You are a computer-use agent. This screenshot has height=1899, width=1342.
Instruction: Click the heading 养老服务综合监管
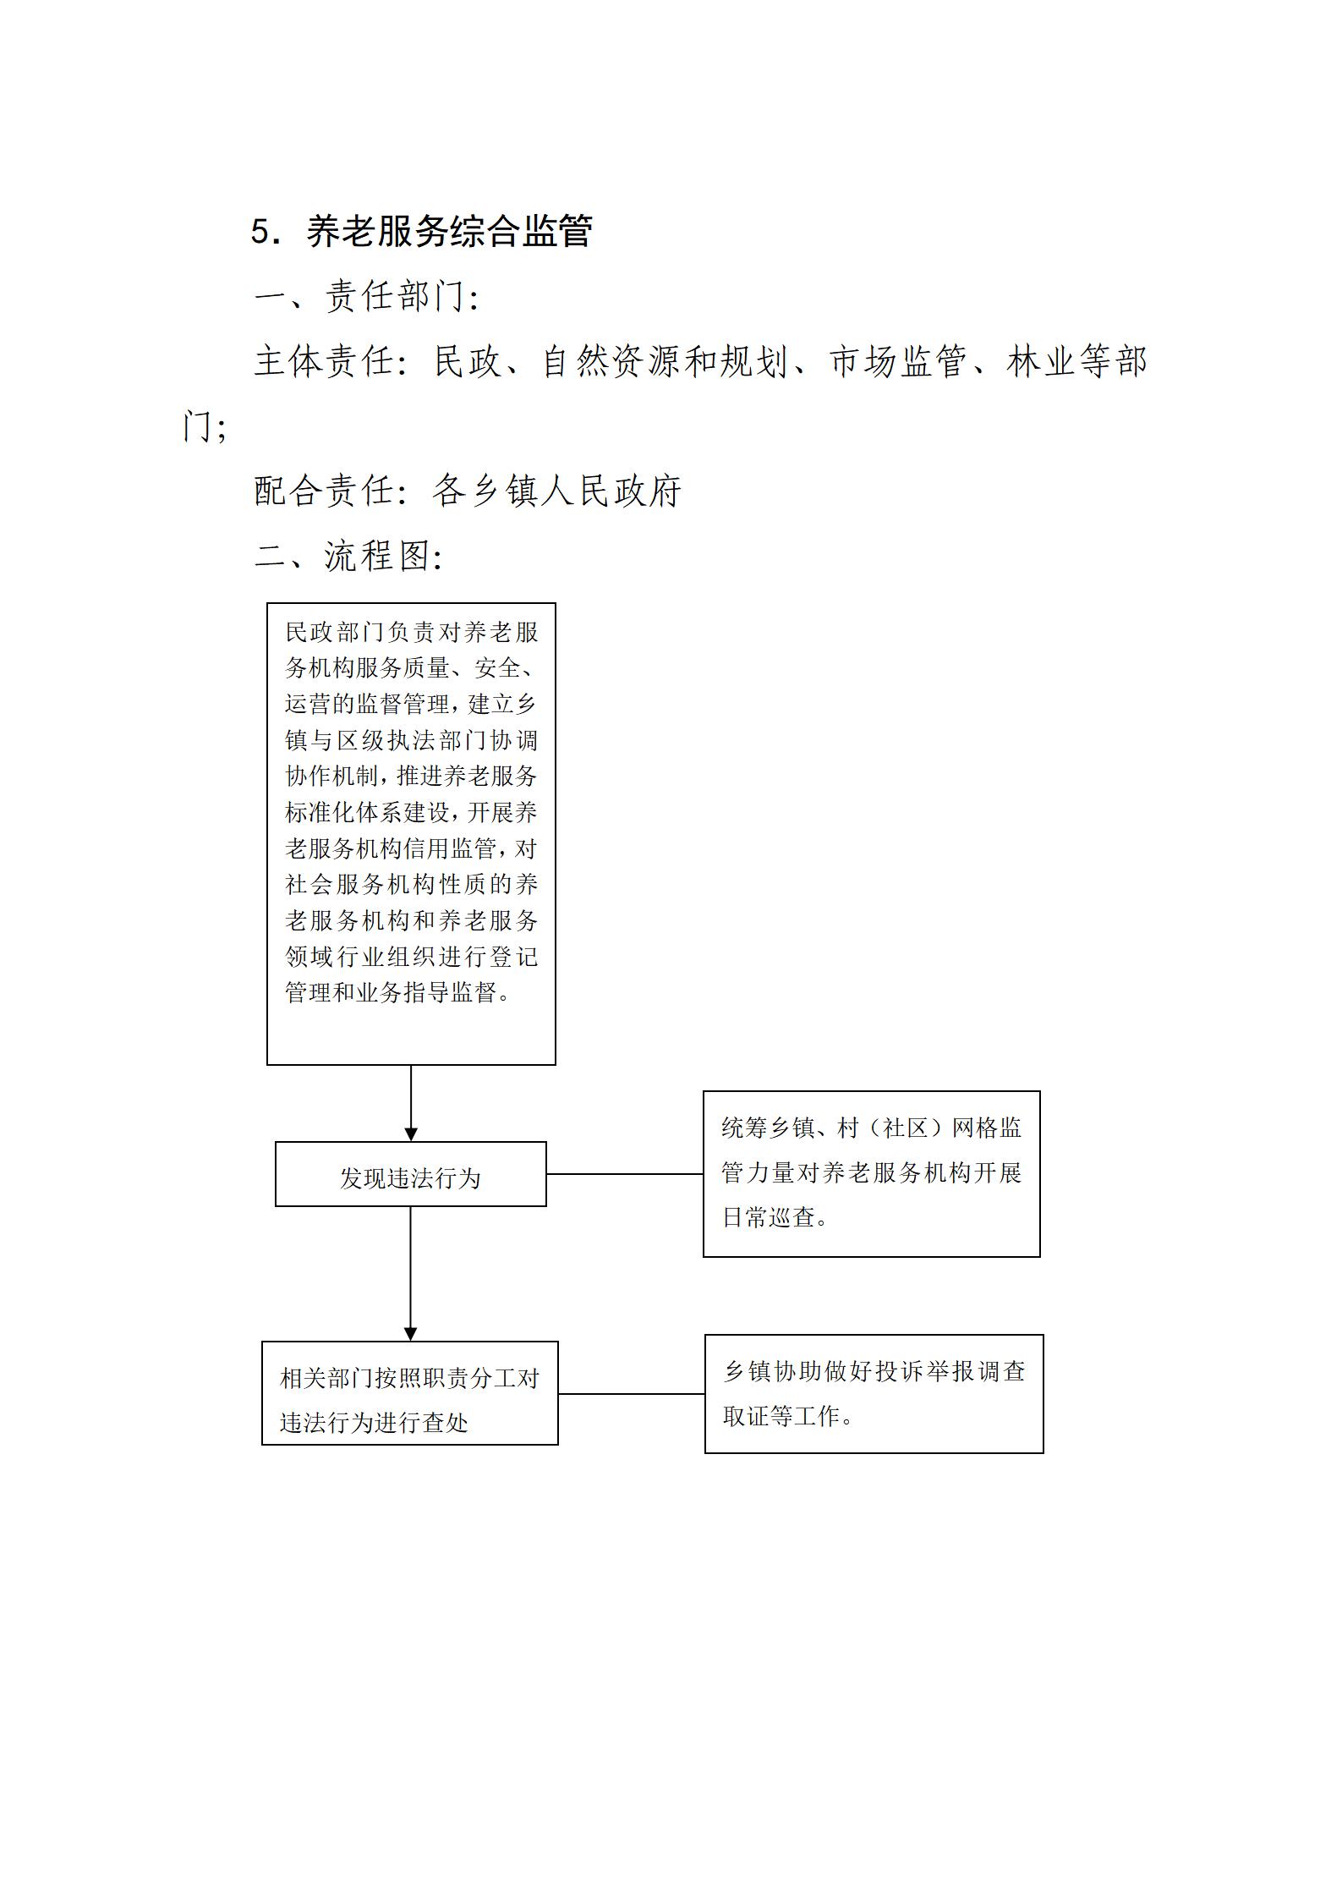point(449,232)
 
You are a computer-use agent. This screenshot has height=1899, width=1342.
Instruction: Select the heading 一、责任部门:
point(367,297)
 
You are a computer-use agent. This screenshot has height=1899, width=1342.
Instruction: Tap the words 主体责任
point(324,362)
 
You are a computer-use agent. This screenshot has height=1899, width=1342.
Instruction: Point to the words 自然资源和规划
point(666,362)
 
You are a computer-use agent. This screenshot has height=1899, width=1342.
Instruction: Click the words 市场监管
point(899,362)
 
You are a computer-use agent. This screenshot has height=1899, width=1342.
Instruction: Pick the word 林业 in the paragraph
point(1041,362)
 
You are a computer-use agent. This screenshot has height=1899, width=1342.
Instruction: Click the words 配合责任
point(324,491)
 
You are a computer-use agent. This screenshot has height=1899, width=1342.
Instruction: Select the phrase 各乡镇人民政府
point(556,491)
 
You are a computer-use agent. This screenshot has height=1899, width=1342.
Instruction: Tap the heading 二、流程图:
point(348,557)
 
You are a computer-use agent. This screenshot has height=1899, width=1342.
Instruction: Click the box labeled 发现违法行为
point(411,1174)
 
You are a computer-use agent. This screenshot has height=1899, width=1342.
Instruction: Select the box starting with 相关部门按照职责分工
point(410,1393)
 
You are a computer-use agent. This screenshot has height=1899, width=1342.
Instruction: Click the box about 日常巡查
point(872,1174)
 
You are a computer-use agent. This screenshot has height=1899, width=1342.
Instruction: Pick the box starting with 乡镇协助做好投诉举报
point(874,1394)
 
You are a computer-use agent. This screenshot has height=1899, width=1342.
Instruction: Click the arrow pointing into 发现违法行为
point(411,1103)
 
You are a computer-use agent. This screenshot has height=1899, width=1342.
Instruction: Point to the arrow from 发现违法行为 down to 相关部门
point(411,1274)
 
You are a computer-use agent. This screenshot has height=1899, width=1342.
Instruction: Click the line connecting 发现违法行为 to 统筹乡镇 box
point(625,1174)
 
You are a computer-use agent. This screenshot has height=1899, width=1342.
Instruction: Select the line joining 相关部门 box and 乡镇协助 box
point(632,1394)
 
